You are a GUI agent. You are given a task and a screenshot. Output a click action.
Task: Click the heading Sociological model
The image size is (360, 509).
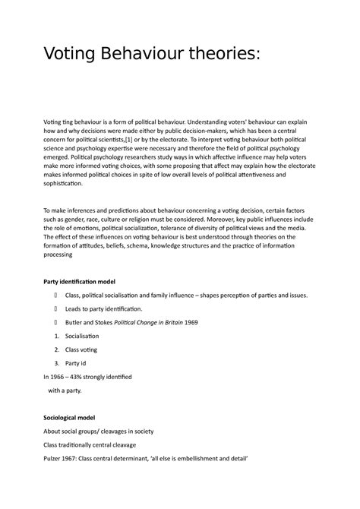click(x=77, y=417)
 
